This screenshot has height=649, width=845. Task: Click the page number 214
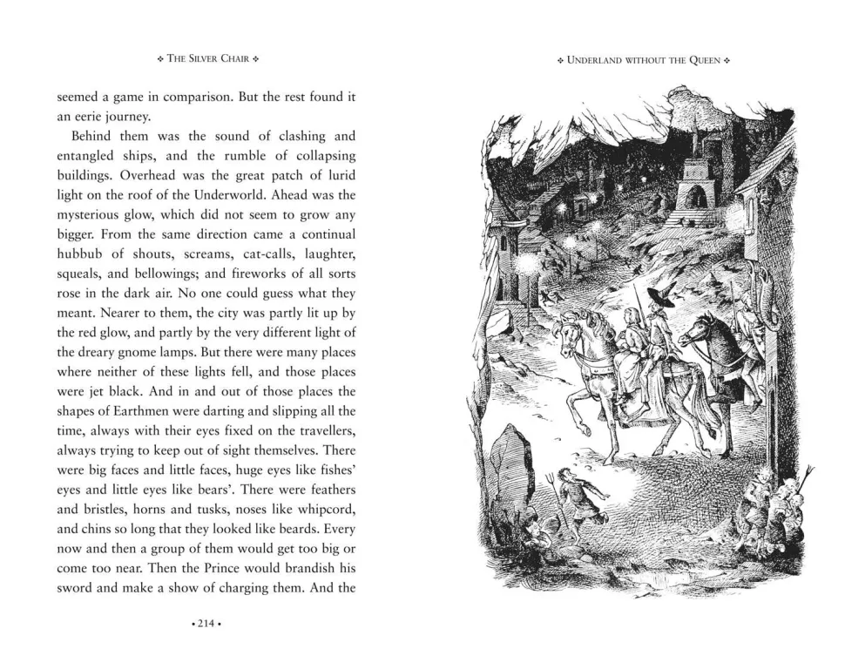tap(206, 624)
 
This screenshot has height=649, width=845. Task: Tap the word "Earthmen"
tap(152, 411)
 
